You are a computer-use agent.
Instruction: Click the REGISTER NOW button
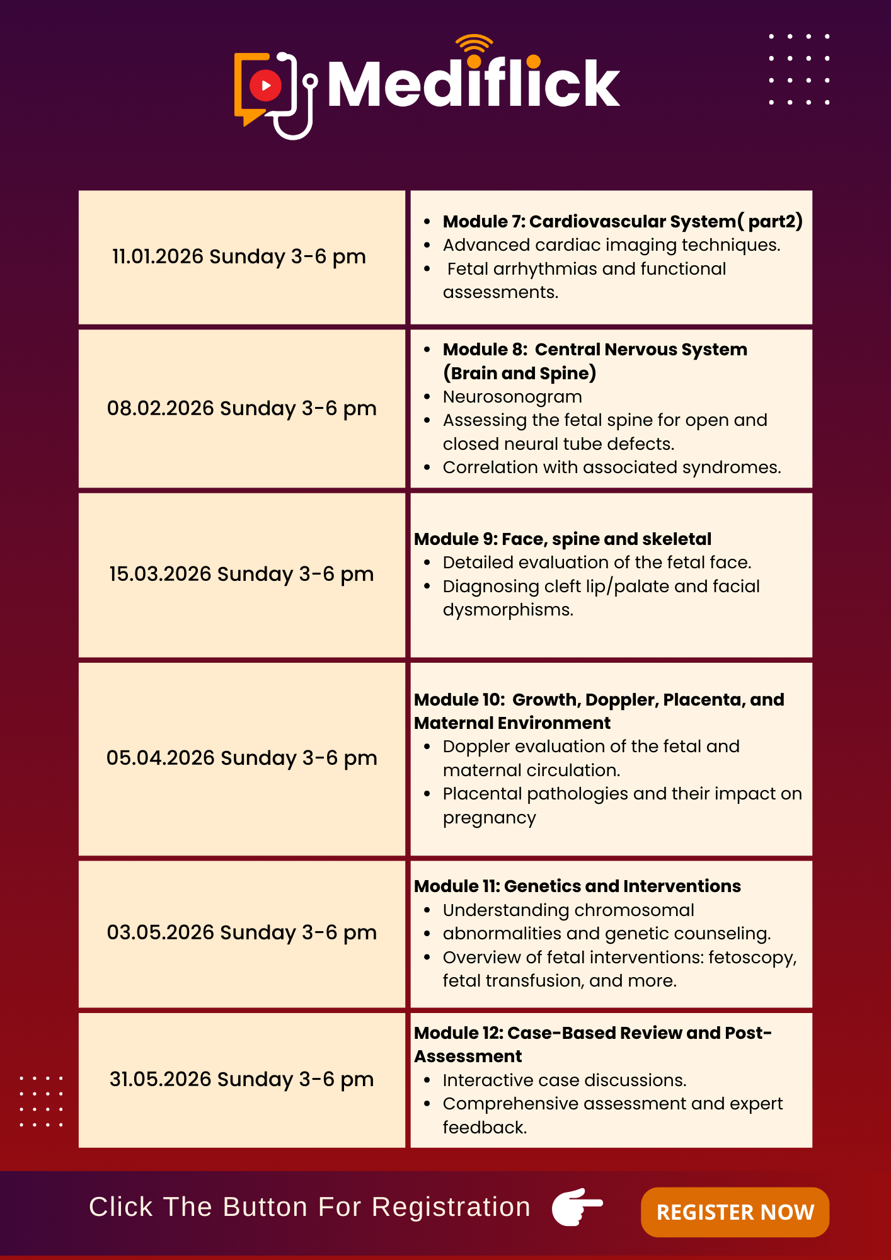(x=735, y=1211)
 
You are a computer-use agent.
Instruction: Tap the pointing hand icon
(x=577, y=1206)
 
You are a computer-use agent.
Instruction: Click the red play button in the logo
(x=265, y=85)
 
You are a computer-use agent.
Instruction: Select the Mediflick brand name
(x=474, y=84)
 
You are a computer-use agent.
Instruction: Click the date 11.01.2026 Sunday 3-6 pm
(x=239, y=256)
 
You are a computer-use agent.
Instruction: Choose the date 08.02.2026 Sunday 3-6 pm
(x=241, y=408)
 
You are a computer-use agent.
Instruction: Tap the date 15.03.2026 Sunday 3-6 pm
(x=241, y=574)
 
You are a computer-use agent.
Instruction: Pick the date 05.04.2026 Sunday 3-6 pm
(x=241, y=758)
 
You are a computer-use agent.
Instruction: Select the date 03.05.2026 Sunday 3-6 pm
(x=241, y=932)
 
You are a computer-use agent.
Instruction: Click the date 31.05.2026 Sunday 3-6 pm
(x=241, y=1079)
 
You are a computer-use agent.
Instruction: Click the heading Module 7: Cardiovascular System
(x=623, y=221)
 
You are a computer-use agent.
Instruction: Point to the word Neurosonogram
(x=512, y=397)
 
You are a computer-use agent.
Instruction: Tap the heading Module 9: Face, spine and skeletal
(x=563, y=539)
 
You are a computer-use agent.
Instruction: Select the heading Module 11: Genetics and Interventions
(x=577, y=886)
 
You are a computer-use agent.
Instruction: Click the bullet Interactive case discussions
(x=564, y=1080)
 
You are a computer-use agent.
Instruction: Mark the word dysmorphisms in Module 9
(x=508, y=610)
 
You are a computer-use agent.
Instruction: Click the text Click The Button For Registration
(x=309, y=1207)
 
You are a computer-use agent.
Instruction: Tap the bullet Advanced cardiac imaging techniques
(x=611, y=245)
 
